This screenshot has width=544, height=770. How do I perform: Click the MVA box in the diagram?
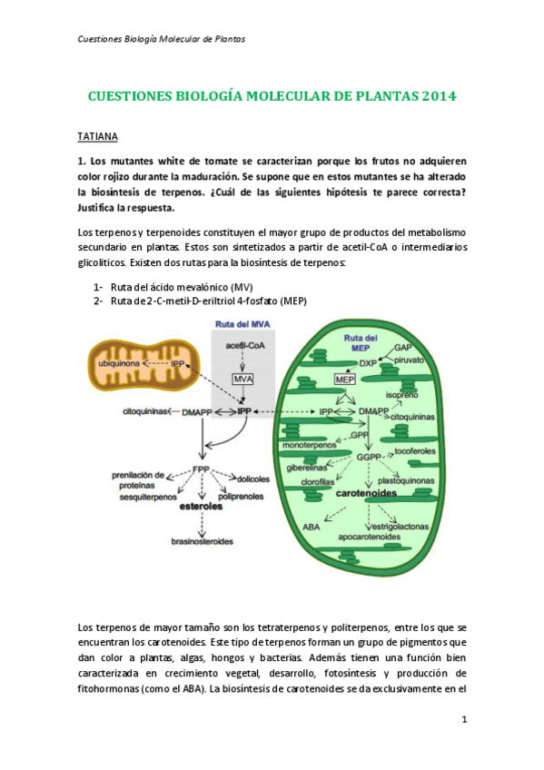coord(242,378)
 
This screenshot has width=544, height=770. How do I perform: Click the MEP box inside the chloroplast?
coord(344,379)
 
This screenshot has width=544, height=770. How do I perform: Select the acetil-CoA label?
coord(243,345)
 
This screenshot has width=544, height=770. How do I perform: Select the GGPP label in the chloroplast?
coord(368,457)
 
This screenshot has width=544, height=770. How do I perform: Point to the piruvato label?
coord(411,360)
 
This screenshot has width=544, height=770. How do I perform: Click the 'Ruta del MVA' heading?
coord(242,325)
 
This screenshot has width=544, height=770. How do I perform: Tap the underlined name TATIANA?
coord(97,135)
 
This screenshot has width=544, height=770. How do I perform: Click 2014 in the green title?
coord(439,95)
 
